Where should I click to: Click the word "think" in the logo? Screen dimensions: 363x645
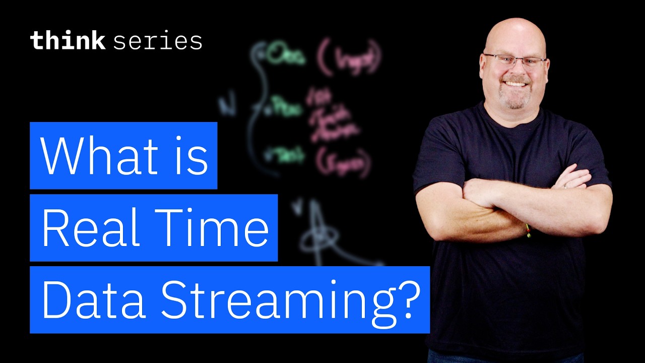coord(67,40)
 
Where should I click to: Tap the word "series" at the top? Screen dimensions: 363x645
coord(158,41)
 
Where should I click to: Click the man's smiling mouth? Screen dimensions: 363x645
coord(515,83)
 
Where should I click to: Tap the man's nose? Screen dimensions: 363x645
coord(515,71)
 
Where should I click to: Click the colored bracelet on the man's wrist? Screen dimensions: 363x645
coord(528,230)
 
